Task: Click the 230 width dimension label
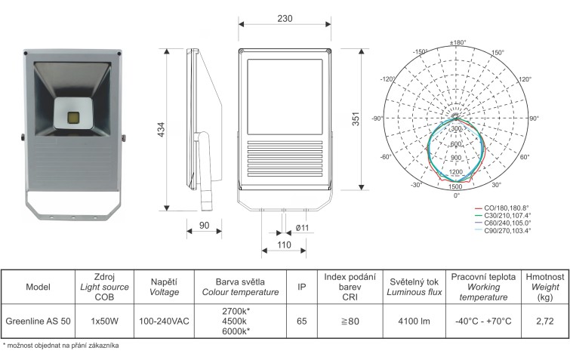pyautogui.click(x=285, y=19)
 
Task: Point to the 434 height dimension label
pyautogui.click(x=161, y=129)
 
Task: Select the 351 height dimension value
pyautogui.click(x=356, y=118)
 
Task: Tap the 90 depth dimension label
pyautogui.click(x=205, y=226)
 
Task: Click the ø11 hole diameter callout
pyautogui.click(x=302, y=228)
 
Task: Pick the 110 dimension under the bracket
pyautogui.click(x=284, y=245)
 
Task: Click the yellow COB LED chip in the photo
pyautogui.click(x=73, y=117)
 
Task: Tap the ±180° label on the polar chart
pyautogui.click(x=458, y=42)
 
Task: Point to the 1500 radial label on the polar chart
pyautogui.click(x=455, y=186)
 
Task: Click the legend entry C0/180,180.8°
pyautogui.click(x=502, y=208)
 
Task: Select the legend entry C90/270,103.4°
pyautogui.click(x=503, y=230)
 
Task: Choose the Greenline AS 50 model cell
pyautogui.click(x=39, y=321)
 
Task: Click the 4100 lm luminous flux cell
pyautogui.click(x=414, y=321)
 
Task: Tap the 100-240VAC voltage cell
pyautogui.click(x=164, y=321)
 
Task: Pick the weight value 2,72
pyautogui.click(x=545, y=321)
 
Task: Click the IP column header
pyautogui.click(x=302, y=287)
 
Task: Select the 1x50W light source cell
pyautogui.click(x=105, y=321)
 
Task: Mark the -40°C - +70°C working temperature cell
pyautogui.click(x=483, y=321)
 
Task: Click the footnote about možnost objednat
pyautogui.click(x=60, y=346)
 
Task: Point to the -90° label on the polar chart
pyautogui.click(x=377, y=118)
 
